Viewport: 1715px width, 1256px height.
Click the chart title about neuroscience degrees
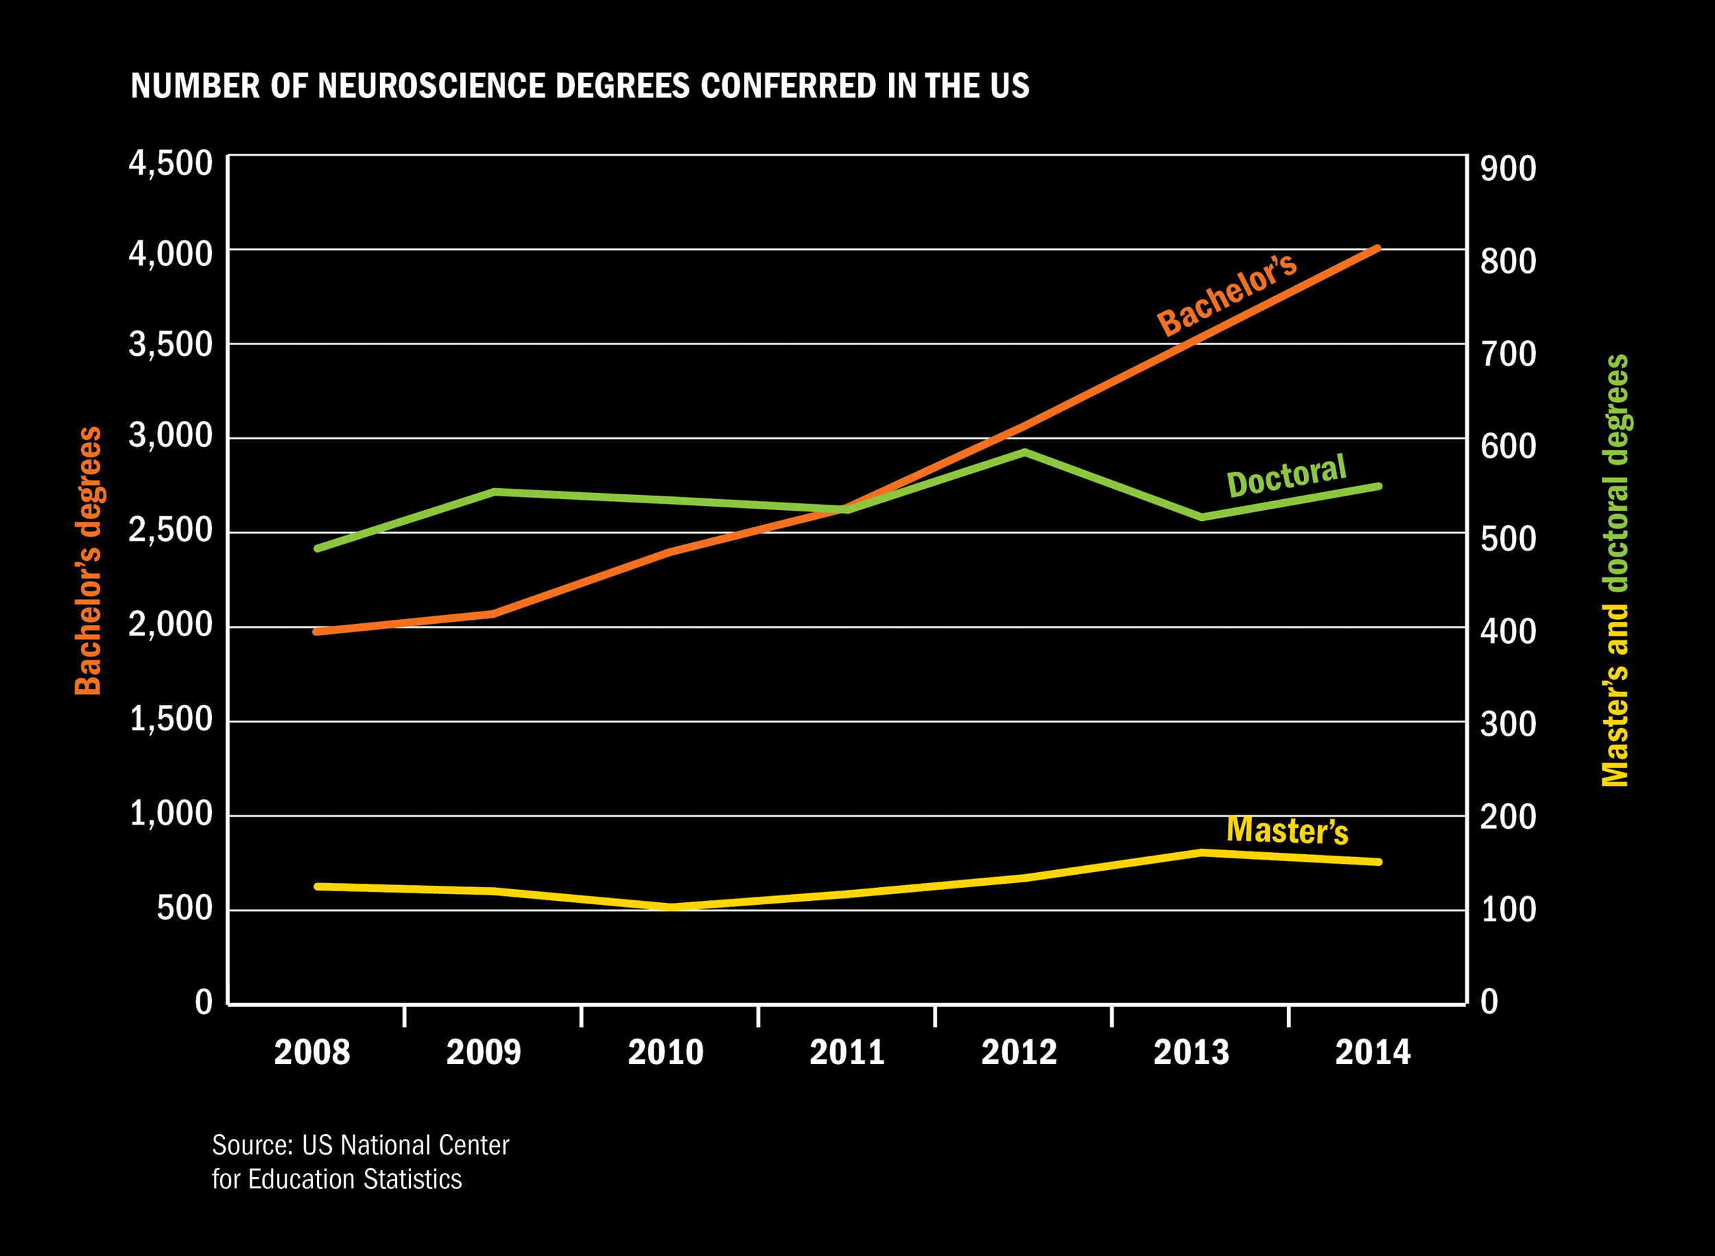(580, 86)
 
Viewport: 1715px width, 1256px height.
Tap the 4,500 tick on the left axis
(170, 162)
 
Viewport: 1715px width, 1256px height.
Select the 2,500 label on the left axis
(170, 529)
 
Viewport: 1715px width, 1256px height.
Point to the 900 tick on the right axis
(1508, 169)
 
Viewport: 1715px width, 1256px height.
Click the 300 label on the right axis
(1508, 725)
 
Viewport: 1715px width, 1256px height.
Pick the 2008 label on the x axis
(312, 1052)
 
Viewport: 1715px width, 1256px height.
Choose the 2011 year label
(847, 1052)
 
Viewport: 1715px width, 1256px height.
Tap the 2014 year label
(1373, 1052)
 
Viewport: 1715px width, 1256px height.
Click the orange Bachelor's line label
(1227, 294)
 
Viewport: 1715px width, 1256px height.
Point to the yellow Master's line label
(1287, 830)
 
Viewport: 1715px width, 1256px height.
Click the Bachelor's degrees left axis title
(88, 561)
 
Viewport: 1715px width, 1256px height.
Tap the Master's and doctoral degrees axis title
(1616, 570)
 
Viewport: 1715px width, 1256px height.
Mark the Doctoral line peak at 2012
(1024, 452)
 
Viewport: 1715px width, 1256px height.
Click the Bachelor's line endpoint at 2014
(1377, 249)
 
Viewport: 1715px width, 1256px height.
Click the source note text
(359, 1161)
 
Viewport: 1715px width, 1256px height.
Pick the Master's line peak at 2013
(1202, 852)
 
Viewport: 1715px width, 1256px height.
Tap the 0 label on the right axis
(1489, 1002)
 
